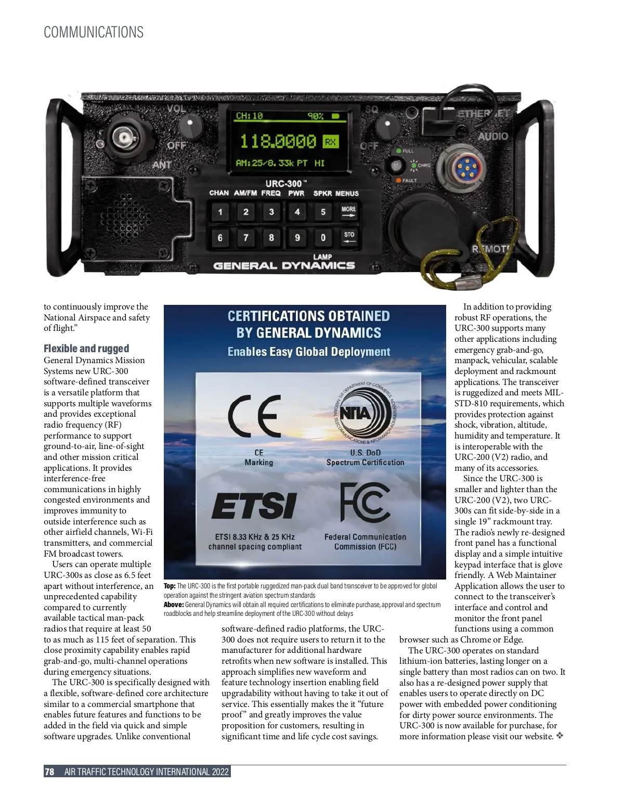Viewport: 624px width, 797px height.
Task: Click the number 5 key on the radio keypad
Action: coord(323,212)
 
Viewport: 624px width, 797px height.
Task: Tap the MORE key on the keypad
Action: coord(348,212)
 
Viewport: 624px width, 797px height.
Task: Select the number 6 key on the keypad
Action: coord(220,238)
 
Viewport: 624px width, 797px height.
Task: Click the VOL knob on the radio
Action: coord(191,125)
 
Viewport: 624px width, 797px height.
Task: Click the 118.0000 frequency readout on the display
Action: coord(278,141)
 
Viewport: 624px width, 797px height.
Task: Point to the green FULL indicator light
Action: coord(399,151)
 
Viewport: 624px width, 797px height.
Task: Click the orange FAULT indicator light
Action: coord(398,181)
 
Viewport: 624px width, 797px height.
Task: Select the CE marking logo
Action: coord(255,416)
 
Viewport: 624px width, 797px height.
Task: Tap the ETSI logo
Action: coord(254,506)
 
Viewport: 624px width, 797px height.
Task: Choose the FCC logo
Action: coord(365,502)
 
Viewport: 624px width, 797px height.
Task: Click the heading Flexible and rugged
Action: coord(86,349)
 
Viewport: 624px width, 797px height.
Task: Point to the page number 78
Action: coord(49,772)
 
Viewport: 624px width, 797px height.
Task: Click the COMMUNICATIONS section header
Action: coord(94,32)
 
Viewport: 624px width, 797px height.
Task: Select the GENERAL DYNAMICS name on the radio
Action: coord(284,266)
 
